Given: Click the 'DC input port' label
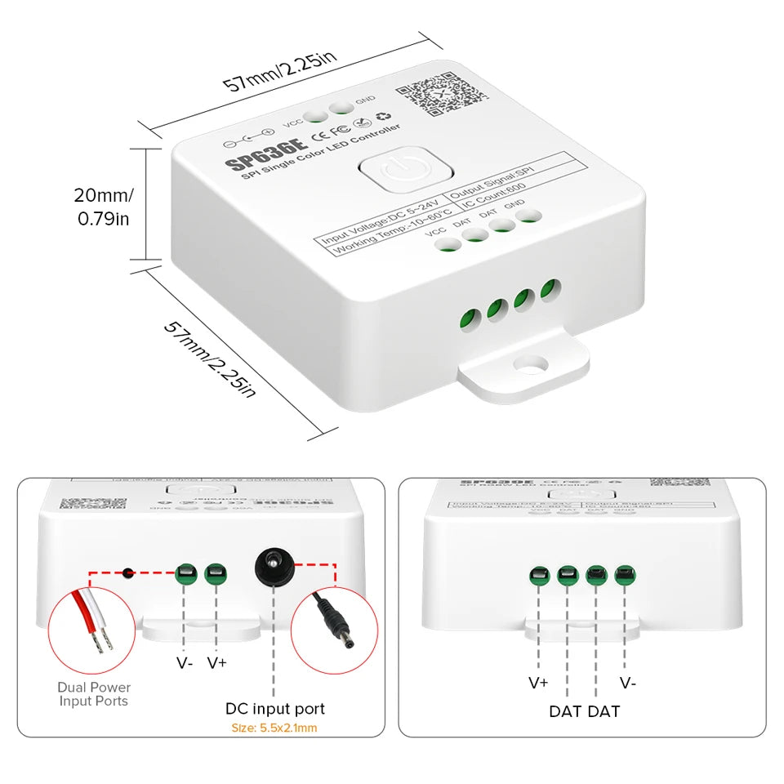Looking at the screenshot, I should point(275,709).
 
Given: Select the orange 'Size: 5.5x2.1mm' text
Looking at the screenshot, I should point(275,728).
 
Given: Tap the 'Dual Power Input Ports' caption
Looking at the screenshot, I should point(94,694).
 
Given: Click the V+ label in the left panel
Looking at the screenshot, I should point(216,662).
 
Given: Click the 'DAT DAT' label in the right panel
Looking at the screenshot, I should point(584,710).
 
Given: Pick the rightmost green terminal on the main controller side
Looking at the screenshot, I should point(551,290).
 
